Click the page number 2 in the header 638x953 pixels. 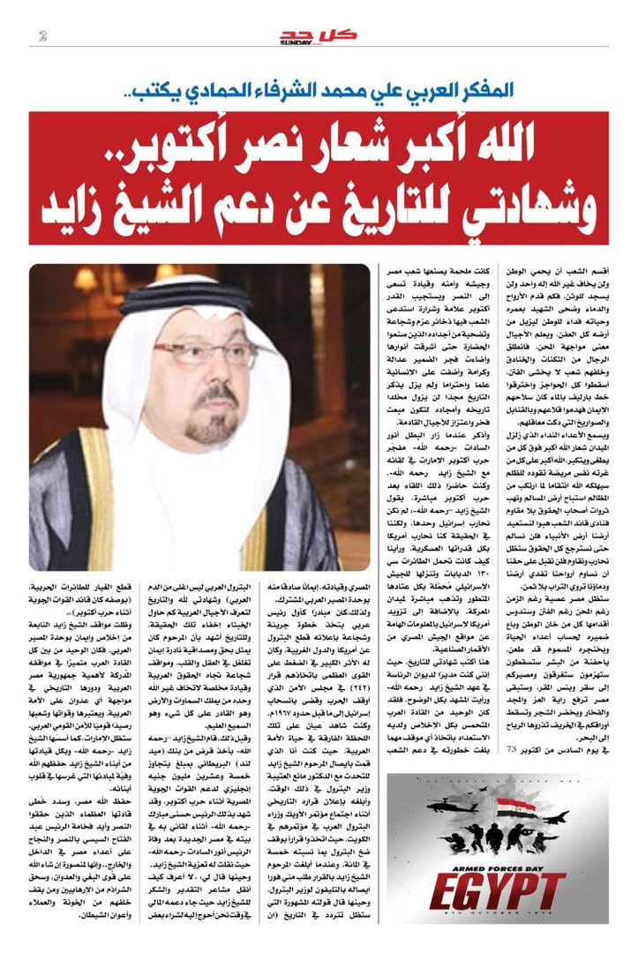tap(42, 35)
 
